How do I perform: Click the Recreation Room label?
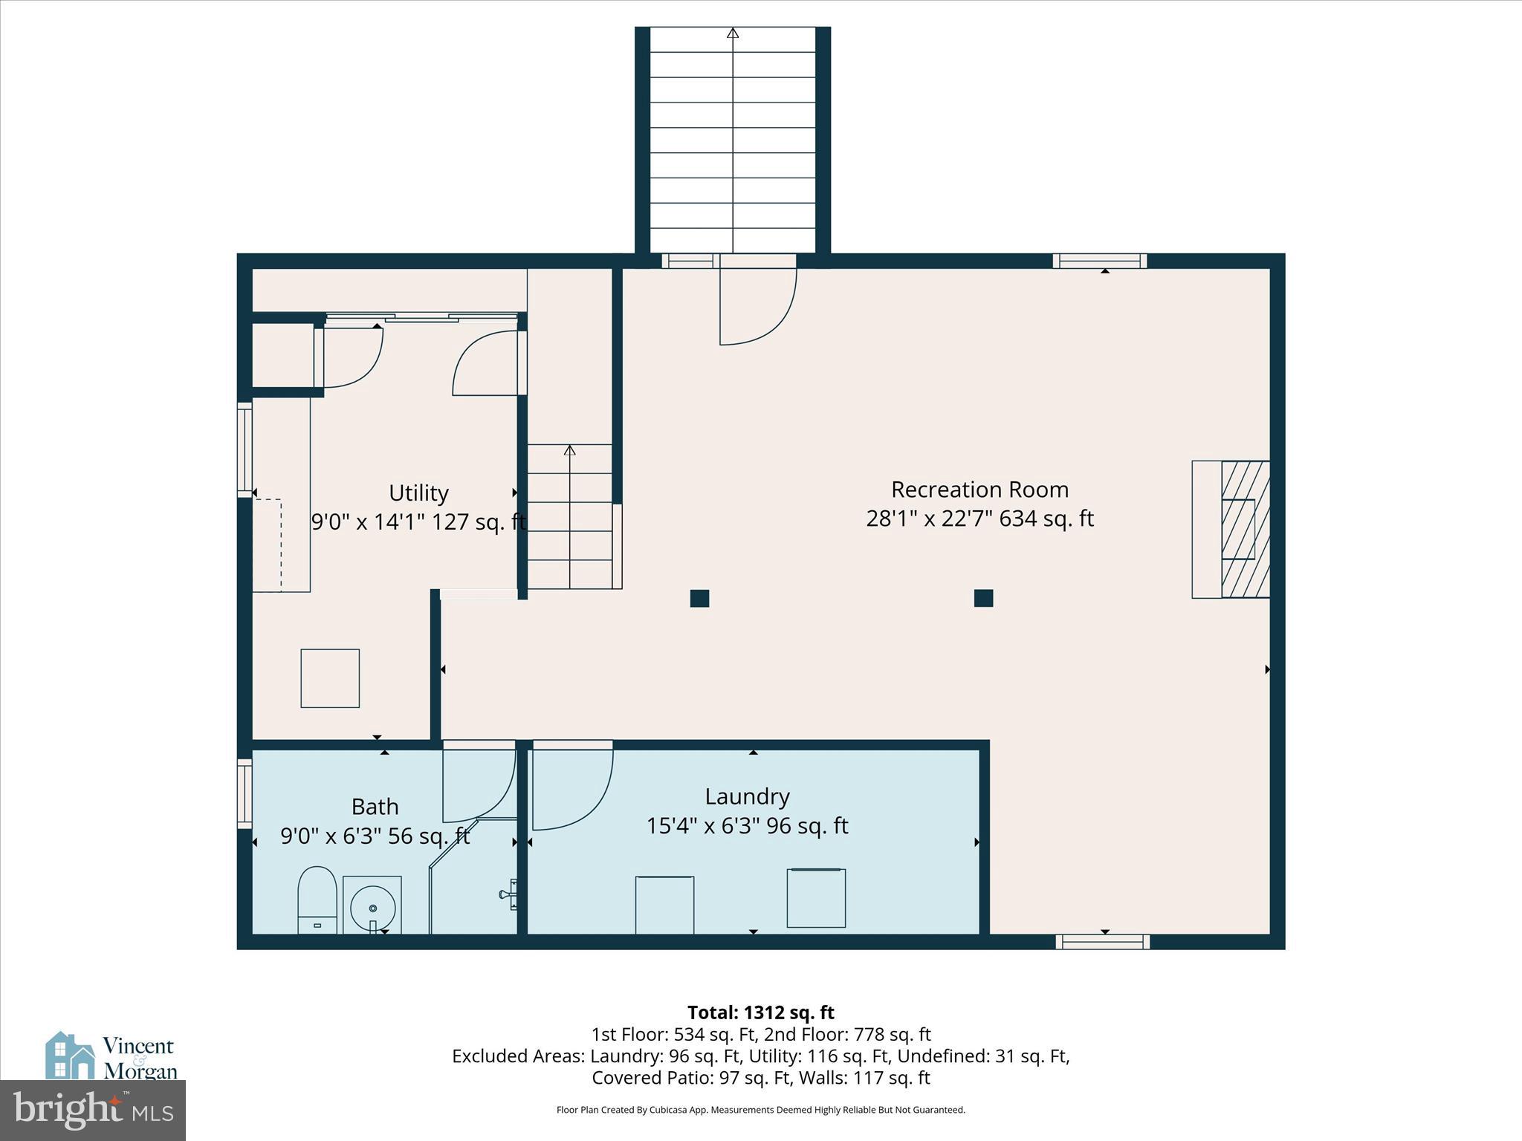click(979, 490)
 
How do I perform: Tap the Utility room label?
click(418, 493)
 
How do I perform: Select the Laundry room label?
click(747, 796)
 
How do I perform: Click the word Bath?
click(375, 807)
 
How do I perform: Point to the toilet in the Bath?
click(317, 900)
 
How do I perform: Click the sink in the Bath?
click(372, 906)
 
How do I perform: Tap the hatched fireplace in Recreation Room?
click(1245, 529)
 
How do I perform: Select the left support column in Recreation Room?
click(699, 598)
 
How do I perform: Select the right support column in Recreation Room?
click(983, 598)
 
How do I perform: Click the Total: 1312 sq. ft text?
click(760, 1012)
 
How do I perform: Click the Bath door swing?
click(479, 784)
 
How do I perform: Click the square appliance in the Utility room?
click(330, 678)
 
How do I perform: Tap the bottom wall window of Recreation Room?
click(1102, 942)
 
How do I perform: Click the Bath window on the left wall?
click(245, 793)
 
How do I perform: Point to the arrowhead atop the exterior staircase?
click(733, 33)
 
